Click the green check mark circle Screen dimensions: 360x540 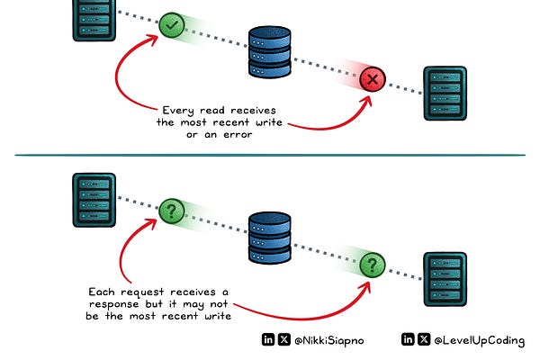pos(171,25)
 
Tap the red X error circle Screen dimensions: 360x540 pos(372,81)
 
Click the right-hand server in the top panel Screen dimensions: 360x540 pos(447,92)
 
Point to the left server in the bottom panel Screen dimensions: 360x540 pos(90,198)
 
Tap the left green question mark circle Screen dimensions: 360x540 pos(171,211)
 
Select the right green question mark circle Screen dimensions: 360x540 pos(372,265)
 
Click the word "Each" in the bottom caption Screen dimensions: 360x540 pos(104,292)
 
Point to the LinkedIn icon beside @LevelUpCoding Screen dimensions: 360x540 pos(408,340)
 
